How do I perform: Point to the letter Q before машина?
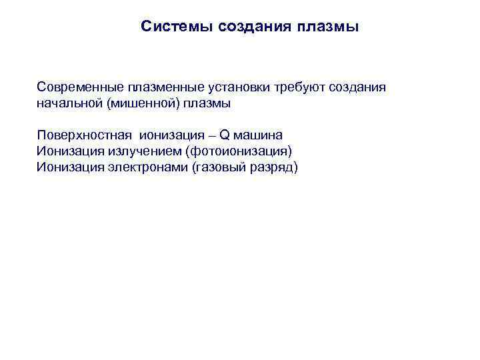tap(224, 135)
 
